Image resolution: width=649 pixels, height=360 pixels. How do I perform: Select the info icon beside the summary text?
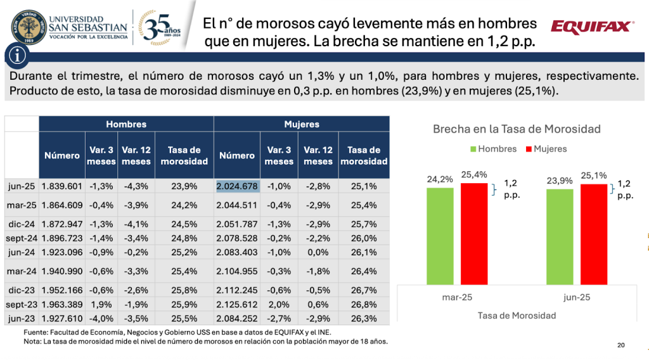coord(18,56)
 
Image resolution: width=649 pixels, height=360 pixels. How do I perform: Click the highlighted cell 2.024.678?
coord(238,186)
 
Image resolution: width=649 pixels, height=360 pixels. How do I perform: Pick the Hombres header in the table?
coord(126,124)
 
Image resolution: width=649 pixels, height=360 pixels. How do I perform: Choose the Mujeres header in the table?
coord(302,124)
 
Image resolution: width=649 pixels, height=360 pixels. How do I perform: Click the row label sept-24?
coord(22,238)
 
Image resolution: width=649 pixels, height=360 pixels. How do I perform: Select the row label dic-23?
coord(22,289)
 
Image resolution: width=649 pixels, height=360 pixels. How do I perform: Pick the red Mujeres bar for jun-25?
coord(594,234)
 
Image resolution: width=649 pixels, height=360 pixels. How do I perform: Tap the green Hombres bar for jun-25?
coord(560,237)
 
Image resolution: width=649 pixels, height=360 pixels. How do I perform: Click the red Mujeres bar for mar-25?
coord(474,233)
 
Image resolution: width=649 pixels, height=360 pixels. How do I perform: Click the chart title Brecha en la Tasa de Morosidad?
coord(517,129)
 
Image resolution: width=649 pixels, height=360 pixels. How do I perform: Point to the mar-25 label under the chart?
coord(458,297)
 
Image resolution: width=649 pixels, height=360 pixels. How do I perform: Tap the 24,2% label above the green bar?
coord(440,179)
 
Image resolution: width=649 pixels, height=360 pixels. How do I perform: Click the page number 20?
coord(621,345)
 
